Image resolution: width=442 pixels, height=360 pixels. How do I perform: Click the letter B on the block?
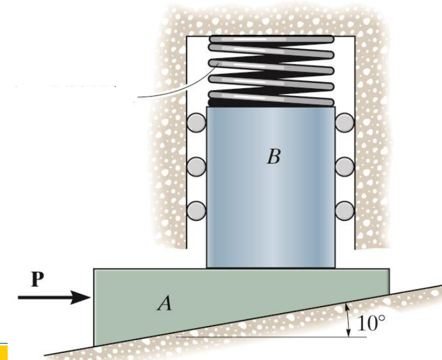[273, 157]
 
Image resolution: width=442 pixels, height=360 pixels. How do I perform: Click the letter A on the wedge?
[164, 304]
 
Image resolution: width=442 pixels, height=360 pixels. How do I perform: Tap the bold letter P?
[37, 279]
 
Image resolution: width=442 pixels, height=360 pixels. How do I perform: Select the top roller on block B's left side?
[196, 123]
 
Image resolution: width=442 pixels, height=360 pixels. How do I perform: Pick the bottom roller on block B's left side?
[196, 210]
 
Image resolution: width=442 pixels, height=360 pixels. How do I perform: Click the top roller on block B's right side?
[345, 123]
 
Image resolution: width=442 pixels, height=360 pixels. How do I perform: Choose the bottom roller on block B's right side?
[345, 210]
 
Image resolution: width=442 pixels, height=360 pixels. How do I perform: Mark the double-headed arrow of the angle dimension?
[349, 319]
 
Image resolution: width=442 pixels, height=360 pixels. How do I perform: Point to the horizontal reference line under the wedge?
[266, 337]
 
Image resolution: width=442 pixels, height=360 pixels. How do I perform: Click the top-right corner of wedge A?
[388, 270]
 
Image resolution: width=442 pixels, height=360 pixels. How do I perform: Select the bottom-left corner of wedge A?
[95, 345]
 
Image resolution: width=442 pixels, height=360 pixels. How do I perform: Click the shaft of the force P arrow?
[44, 297]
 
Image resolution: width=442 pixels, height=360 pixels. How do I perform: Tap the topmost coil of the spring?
[270, 40]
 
